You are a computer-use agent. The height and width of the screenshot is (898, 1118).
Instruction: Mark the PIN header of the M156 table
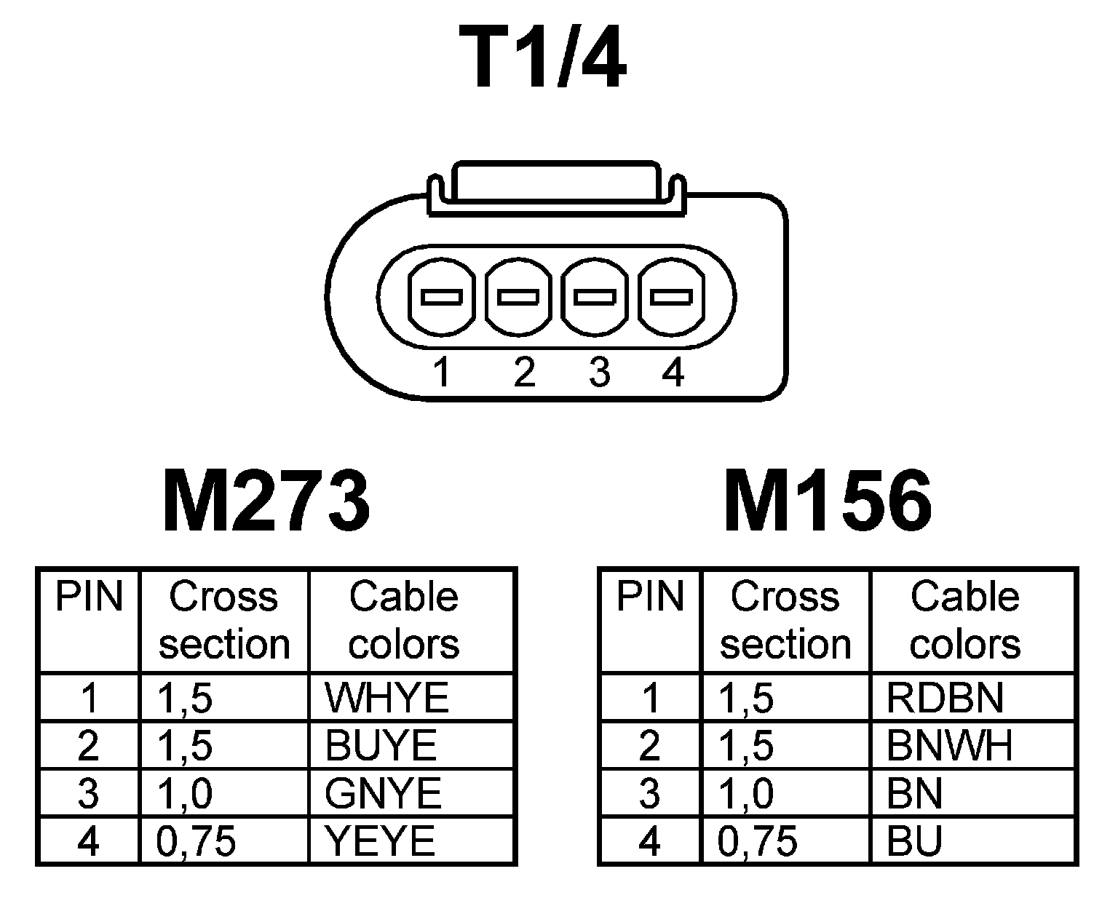pos(650,597)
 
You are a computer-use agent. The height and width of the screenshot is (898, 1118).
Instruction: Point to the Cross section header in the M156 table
pos(785,620)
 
